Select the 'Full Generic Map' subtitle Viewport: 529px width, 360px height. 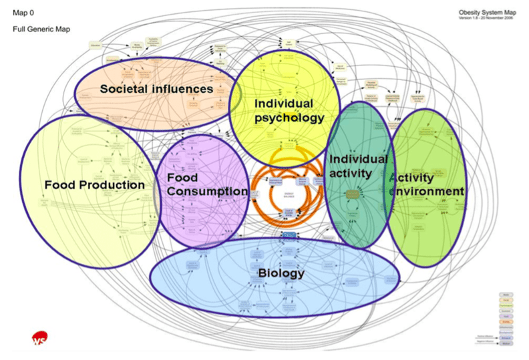tap(41, 29)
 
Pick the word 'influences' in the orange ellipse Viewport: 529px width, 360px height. tap(184, 88)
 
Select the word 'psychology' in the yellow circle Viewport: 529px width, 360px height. tap(289, 118)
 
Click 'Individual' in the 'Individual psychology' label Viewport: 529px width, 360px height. tap(284, 104)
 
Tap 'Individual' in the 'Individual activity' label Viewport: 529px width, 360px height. tap(358, 159)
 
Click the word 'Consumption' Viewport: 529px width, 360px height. tap(207, 192)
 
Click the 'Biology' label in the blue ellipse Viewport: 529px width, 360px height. tap(281, 273)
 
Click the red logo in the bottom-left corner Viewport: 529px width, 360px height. tap(39, 339)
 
